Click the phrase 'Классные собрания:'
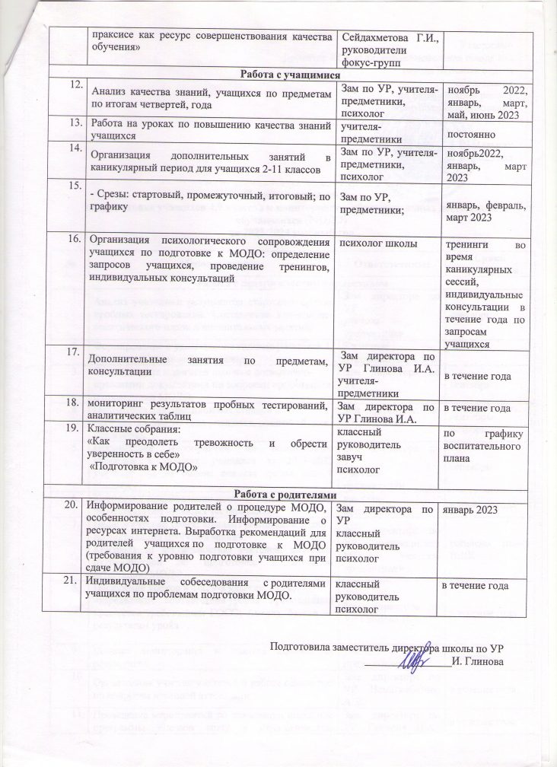(x=124, y=428)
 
